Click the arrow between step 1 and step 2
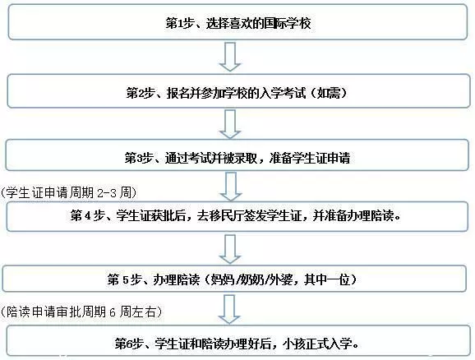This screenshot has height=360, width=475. [230, 57]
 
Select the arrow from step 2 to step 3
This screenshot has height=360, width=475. [230, 124]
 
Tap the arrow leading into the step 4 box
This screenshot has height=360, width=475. [231, 187]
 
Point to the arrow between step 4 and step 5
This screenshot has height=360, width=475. [230, 249]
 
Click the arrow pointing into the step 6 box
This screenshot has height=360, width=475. [229, 309]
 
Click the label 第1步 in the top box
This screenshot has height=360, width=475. [179, 23]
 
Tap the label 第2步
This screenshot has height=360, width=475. [140, 93]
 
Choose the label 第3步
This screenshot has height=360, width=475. [138, 158]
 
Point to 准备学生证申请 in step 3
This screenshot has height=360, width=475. [309, 158]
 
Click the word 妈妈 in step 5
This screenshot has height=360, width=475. [222, 279]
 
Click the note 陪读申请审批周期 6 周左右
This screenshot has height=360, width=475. [81, 312]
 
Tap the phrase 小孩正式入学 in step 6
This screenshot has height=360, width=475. [317, 344]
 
